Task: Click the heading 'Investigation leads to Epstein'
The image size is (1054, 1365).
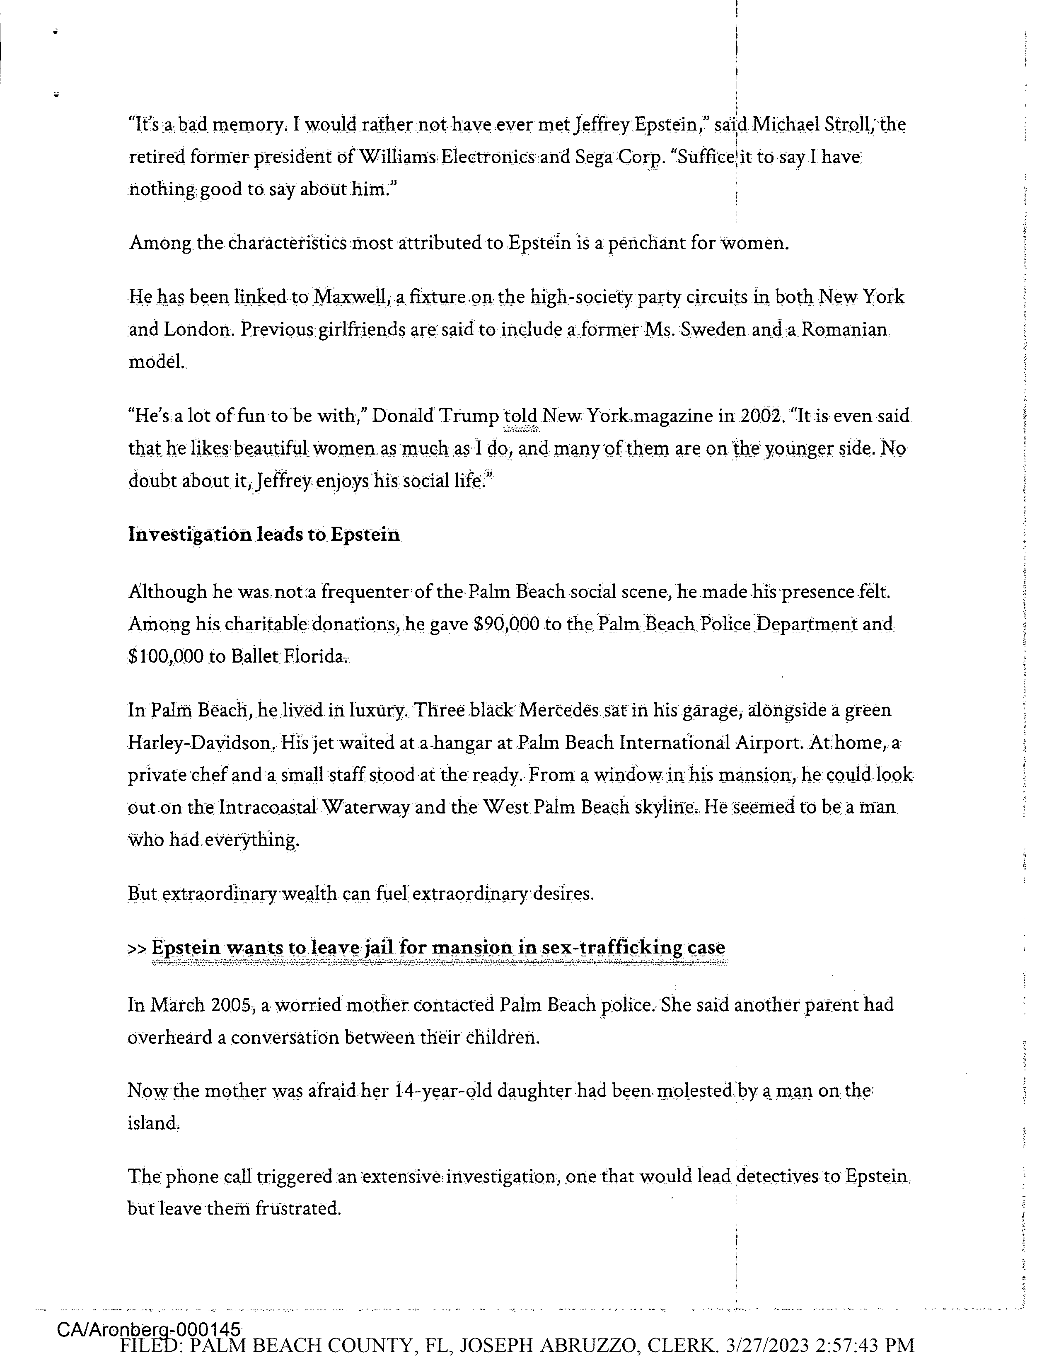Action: (263, 535)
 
